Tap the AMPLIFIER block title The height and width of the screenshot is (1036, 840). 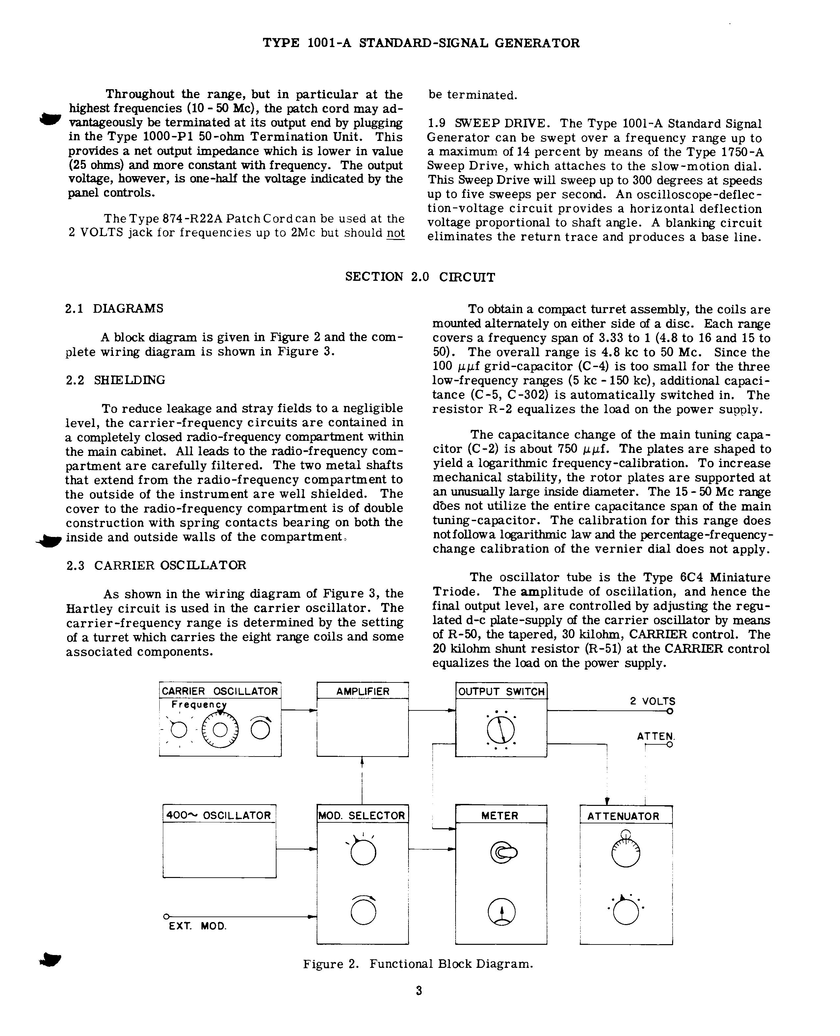(x=362, y=691)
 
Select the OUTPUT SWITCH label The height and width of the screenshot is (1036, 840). (x=501, y=691)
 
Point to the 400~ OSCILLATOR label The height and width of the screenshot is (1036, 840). (x=219, y=815)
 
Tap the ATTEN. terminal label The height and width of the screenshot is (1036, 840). (x=655, y=736)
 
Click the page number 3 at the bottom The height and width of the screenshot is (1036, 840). (x=419, y=991)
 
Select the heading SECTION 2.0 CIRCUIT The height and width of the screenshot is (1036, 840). (x=420, y=277)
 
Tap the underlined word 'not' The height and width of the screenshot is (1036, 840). (x=395, y=233)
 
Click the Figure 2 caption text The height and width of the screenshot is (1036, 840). (x=418, y=964)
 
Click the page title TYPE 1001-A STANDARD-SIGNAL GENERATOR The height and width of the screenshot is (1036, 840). (x=421, y=43)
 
